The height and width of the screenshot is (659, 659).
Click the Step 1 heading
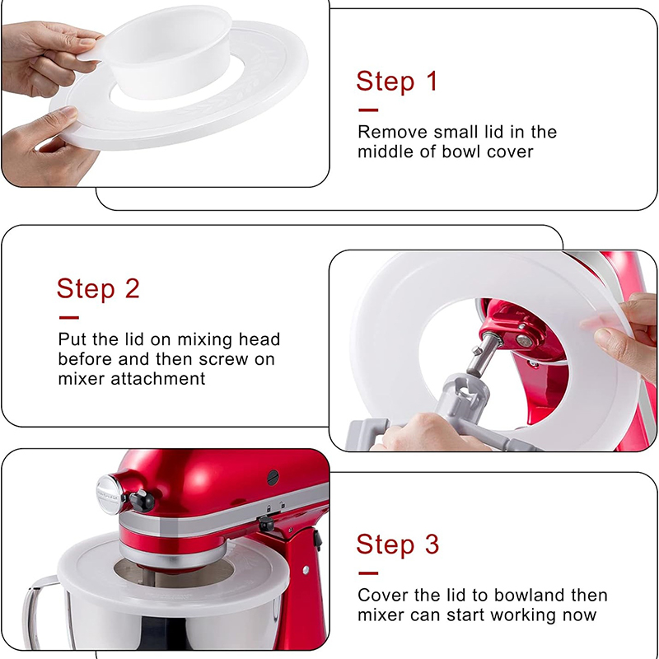pyautogui.click(x=397, y=81)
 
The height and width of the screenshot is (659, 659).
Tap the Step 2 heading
pyautogui.click(x=98, y=288)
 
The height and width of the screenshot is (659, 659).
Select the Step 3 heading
pyautogui.click(x=398, y=544)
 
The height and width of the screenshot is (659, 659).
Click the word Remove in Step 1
pyautogui.click(x=392, y=132)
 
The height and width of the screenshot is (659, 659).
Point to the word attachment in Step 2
pyautogui.click(x=157, y=379)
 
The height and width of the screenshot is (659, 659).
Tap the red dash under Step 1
pyautogui.click(x=368, y=110)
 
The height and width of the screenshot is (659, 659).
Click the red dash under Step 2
pyautogui.click(x=69, y=318)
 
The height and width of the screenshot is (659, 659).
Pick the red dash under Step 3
pyautogui.click(x=368, y=573)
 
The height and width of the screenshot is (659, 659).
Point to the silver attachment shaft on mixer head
pyautogui.click(x=484, y=353)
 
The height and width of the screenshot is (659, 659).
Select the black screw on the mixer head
pyautogui.click(x=273, y=477)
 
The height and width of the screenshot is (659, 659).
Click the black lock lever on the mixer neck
pyautogui.click(x=265, y=524)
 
